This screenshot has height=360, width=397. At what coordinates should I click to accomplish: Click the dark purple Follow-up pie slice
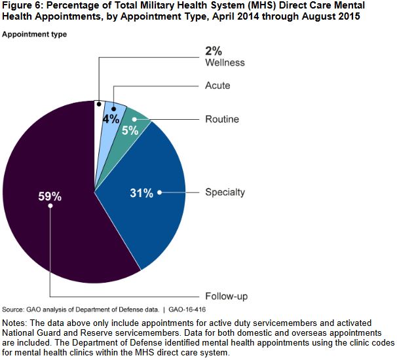point(52,223)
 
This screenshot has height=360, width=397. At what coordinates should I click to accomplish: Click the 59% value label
point(50,195)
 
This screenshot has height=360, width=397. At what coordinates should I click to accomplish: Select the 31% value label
point(142,192)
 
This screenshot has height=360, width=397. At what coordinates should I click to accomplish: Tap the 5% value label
point(130,130)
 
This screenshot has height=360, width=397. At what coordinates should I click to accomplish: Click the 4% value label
point(110,119)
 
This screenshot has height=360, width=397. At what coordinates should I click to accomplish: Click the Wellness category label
point(224,63)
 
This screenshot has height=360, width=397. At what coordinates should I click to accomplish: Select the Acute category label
point(217,86)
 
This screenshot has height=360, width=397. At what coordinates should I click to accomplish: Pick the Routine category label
point(222,120)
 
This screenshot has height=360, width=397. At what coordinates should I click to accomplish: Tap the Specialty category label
point(225,192)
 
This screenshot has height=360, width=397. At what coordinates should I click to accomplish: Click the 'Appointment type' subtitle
point(34,33)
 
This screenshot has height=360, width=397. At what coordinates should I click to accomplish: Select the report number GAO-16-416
point(188,309)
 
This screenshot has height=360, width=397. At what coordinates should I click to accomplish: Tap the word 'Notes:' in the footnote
point(16,323)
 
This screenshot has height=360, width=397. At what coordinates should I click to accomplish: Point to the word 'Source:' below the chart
point(14,309)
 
